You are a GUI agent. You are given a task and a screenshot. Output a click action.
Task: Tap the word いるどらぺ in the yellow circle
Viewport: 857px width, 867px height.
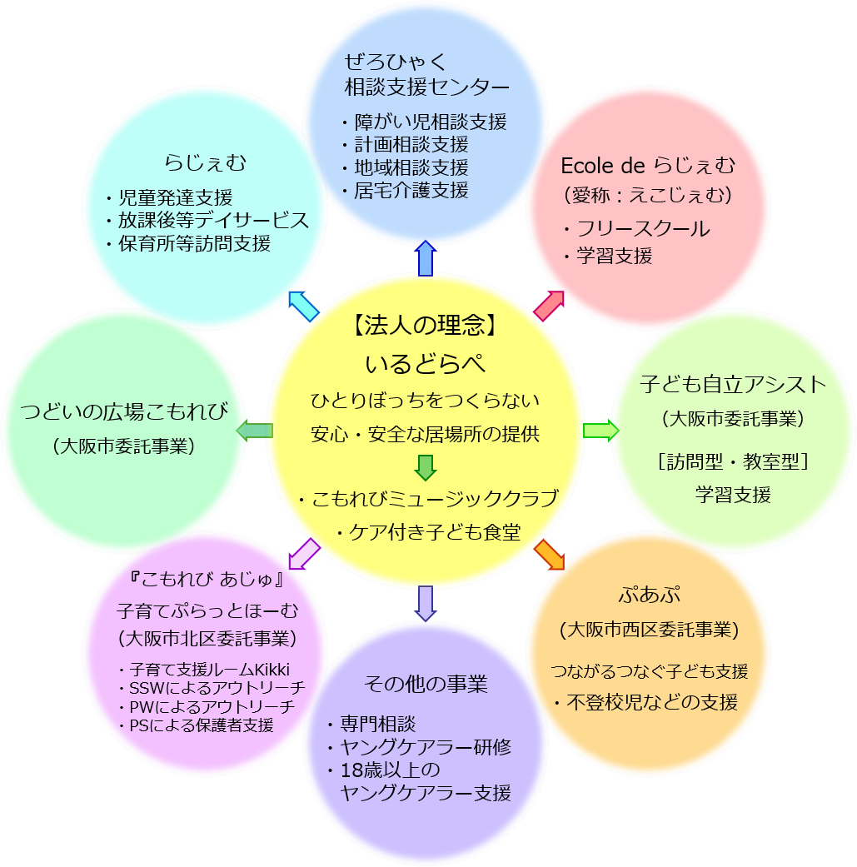tap(425, 364)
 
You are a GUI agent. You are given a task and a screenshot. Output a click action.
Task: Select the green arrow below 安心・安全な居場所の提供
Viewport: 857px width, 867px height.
tap(426, 467)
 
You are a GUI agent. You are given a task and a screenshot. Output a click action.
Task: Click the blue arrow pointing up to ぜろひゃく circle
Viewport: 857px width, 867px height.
tap(426, 257)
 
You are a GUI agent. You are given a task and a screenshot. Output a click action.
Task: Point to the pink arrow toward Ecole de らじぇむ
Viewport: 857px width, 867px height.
tap(549, 306)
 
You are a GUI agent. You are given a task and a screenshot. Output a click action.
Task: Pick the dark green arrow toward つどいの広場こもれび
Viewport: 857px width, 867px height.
tap(255, 430)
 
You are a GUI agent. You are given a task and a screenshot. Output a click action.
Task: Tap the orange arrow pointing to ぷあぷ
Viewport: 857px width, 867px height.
tap(549, 555)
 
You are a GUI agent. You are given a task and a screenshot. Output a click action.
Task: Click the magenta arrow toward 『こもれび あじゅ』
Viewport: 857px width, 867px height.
tap(304, 554)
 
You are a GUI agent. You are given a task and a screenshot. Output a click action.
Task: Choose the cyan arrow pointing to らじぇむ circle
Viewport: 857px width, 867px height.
tap(303, 306)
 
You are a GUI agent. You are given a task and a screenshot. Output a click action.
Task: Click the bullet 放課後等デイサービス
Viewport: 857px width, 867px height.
tap(207, 221)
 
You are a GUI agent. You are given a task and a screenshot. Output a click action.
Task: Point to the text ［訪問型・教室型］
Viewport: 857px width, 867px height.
tap(733, 461)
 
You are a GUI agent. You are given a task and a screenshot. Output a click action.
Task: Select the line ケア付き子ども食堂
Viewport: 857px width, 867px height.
tap(428, 532)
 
